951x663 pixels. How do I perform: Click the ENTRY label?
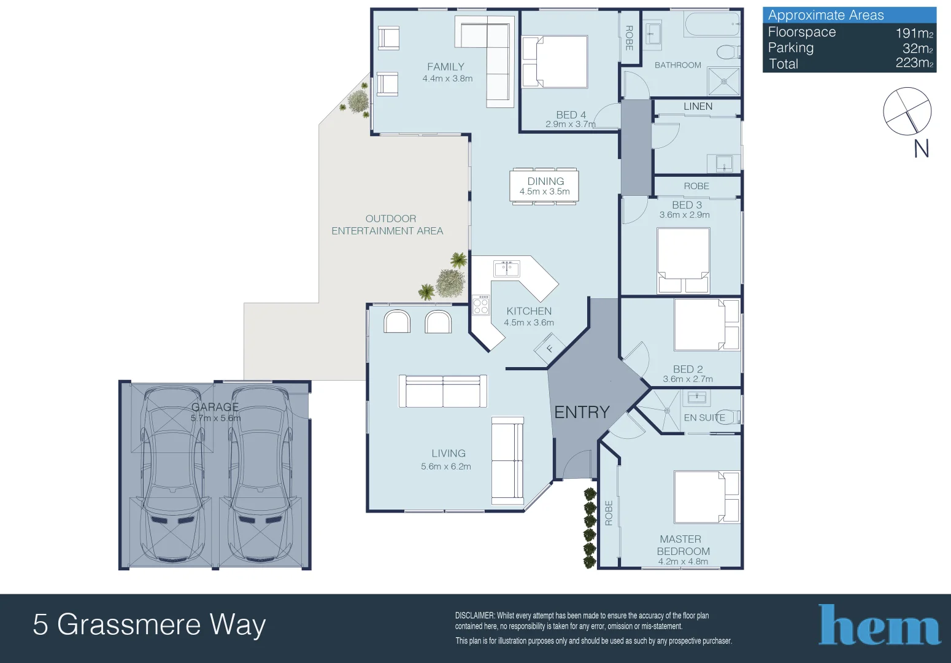tap(582, 412)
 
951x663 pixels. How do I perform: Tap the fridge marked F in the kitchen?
tap(549, 349)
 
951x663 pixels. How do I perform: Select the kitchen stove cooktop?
tap(481, 305)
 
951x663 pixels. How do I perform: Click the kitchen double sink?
tap(506, 268)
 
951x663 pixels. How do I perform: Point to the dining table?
tap(544, 187)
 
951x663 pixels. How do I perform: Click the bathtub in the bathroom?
tap(712, 24)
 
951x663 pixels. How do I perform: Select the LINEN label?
tap(698, 107)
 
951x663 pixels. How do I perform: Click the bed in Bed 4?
tap(555, 62)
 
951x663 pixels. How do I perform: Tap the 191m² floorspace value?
tap(914, 33)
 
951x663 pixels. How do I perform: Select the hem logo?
tap(879, 625)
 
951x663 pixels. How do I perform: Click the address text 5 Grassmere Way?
tap(149, 625)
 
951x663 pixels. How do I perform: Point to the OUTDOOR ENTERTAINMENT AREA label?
tap(387, 225)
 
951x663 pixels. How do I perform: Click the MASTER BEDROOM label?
tap(683, 545)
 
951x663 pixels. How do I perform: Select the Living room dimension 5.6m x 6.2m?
tap(446, 467)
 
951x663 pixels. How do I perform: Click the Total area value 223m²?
tap(914, 63)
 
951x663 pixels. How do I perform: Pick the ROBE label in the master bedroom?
tap(609, 513)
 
